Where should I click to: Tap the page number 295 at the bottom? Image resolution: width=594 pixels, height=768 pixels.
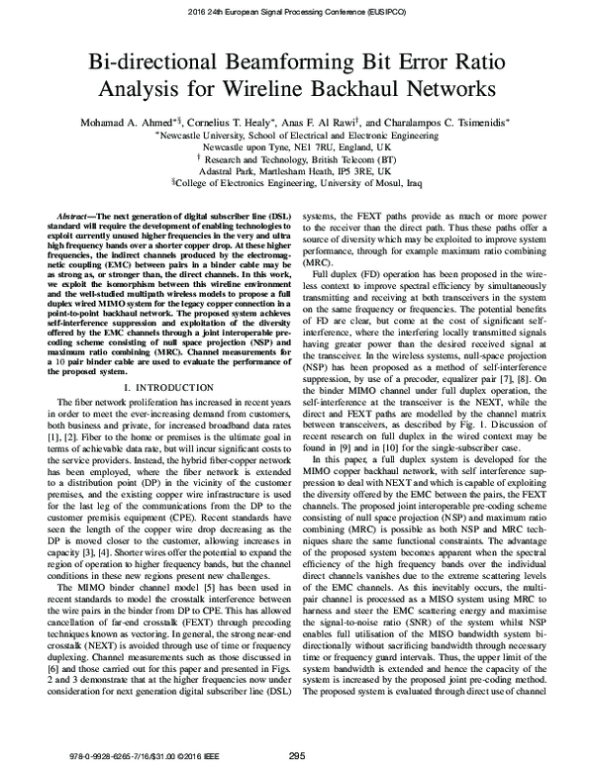pos(297,757)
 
